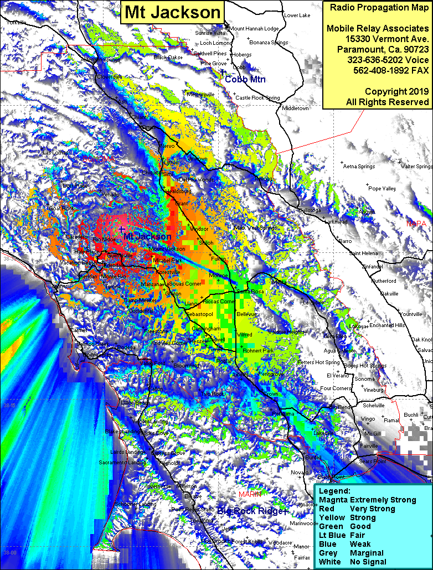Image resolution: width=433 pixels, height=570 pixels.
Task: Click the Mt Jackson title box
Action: click(x=172, y=12)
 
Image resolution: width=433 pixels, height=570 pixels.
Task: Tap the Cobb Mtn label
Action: click(x=245, y=79)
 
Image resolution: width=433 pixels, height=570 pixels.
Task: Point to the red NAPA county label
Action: click(x=416, y=224)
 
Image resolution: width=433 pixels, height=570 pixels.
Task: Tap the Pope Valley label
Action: click(x=382, y=189)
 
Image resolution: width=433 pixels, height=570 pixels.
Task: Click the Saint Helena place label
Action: click(x=363, y=253)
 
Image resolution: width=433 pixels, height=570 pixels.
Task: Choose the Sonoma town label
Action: click(x=364, y=379)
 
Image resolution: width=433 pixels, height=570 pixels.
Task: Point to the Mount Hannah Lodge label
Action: click(x=254, y=28)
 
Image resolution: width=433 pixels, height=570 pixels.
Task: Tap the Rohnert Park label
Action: click(x=258, y=351)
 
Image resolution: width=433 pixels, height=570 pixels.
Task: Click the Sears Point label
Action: click(x=373, y=460)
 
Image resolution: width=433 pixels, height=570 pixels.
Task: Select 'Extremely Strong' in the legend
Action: click(x=383, y=500)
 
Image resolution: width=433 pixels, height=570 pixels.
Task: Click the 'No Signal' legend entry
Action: click(x=368, y=562)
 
